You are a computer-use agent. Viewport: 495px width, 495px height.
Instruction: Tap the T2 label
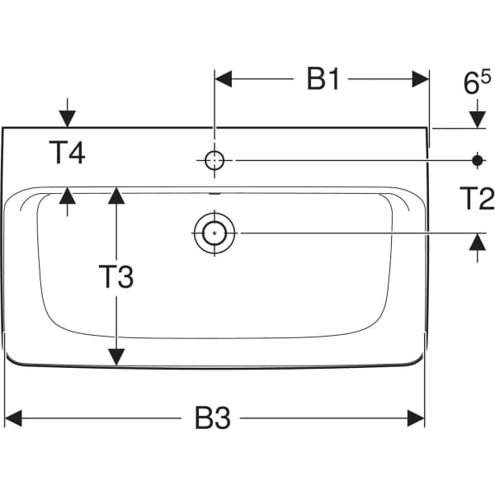pos(476,198)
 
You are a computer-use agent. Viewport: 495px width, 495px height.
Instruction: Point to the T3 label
pos(115,277)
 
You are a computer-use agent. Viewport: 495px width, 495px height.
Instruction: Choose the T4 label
pos(67,153)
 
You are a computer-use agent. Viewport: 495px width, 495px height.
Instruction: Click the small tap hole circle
pos(214,160)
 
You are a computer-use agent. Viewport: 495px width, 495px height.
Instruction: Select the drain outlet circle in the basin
pos(214,233)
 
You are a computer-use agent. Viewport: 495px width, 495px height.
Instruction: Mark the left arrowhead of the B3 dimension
pos(15,419)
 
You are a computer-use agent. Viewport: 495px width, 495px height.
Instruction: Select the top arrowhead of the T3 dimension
pos(116,196)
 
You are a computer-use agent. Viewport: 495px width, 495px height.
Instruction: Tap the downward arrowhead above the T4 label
pos(67,119)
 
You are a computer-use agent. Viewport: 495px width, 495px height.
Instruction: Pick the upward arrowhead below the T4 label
pos(67,196)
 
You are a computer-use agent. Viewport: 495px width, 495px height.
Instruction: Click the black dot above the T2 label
pos(477,160)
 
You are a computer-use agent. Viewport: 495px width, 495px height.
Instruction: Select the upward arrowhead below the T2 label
pos(477,243)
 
